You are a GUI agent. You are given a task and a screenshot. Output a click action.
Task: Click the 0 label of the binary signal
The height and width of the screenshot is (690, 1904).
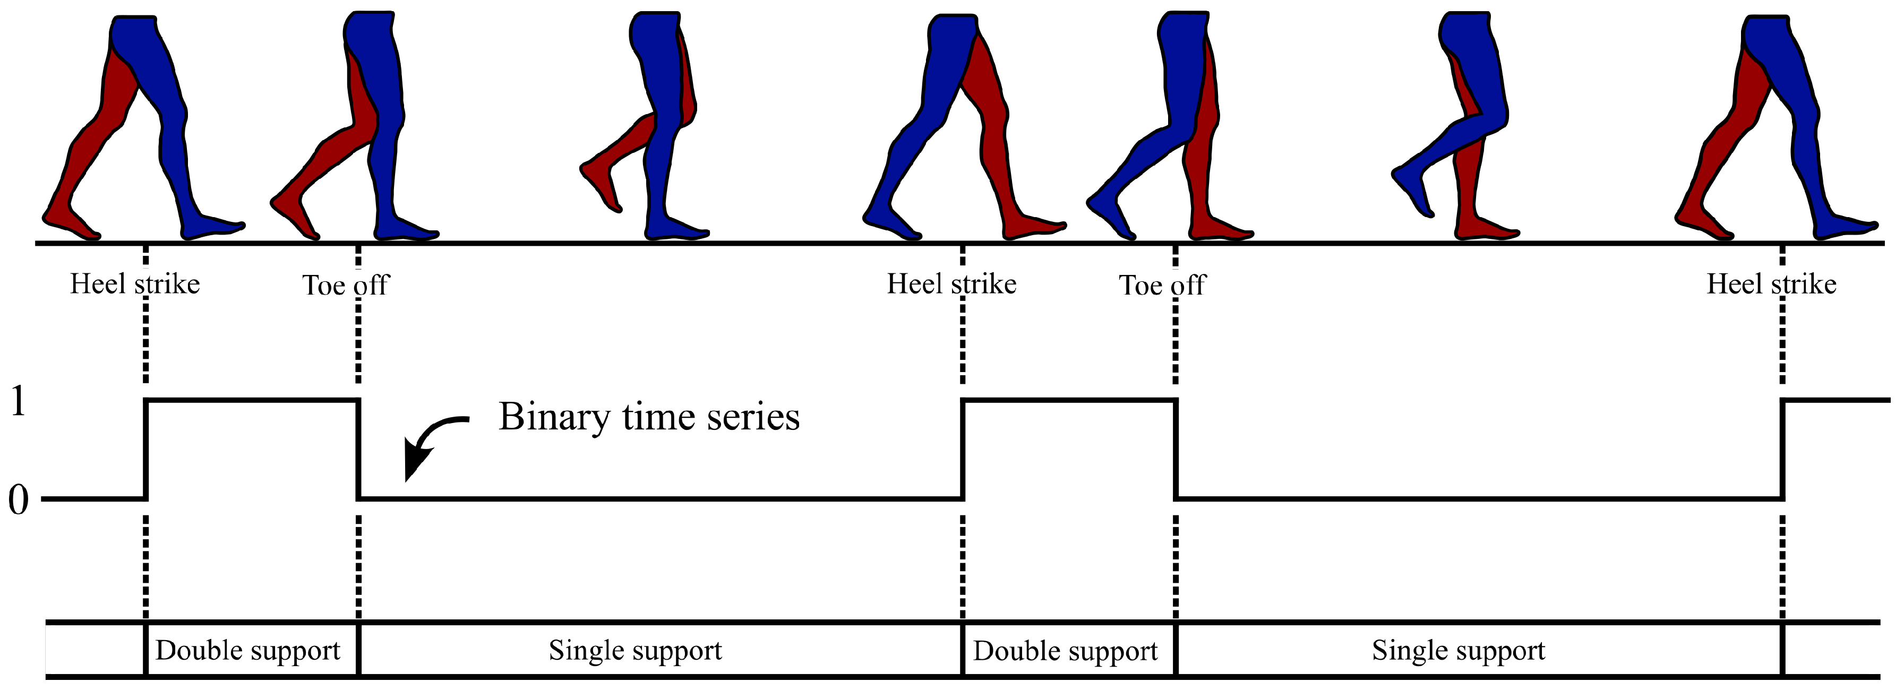(18, 500)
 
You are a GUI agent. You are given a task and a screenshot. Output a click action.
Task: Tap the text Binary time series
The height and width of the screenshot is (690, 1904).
(649, 417)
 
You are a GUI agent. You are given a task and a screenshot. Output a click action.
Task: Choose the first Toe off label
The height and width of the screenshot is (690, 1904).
(345, 285)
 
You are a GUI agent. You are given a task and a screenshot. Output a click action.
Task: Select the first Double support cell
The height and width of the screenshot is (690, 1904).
(247, 651)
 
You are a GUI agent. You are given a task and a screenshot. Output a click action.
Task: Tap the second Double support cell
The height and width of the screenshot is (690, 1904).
(1065, 651)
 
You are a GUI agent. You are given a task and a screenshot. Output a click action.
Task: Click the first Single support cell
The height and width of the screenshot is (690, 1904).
(635, 651)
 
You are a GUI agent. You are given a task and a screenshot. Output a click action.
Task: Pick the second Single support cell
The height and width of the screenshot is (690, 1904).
(1459, 651)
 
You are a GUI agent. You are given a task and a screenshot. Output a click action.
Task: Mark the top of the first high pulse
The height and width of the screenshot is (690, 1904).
(251, 400)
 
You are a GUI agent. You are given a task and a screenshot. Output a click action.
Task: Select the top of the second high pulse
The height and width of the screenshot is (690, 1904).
(1069, 400)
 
